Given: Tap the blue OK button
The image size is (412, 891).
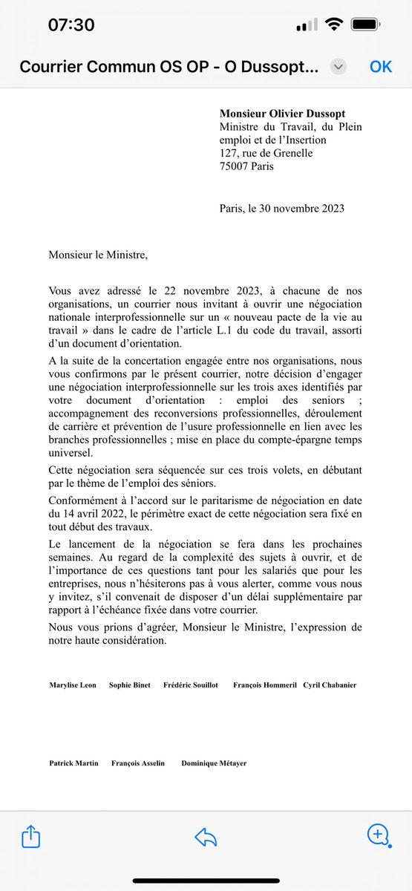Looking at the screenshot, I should coord(380,66).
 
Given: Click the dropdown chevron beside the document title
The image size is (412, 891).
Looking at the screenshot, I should coord(338,67).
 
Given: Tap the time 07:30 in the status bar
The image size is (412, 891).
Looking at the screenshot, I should coord(71,25).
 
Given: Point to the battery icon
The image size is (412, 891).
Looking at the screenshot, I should coord(367,25).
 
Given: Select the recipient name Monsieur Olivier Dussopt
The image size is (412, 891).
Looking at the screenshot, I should coord(283,114).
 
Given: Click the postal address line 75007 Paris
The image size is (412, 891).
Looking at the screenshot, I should coord(246,166).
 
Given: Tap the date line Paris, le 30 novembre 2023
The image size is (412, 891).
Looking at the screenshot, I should coord(281,209).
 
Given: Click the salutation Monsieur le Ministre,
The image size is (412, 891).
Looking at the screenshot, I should coord(98,255).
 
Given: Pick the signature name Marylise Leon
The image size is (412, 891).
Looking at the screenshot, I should coord(73,685).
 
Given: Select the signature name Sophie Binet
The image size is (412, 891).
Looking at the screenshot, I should coord(130,685).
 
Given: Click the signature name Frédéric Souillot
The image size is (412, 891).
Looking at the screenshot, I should coord(192,685).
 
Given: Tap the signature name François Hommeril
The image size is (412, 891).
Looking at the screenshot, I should coord(264,685).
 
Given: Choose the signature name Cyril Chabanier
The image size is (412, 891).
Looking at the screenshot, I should coord(330,685).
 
